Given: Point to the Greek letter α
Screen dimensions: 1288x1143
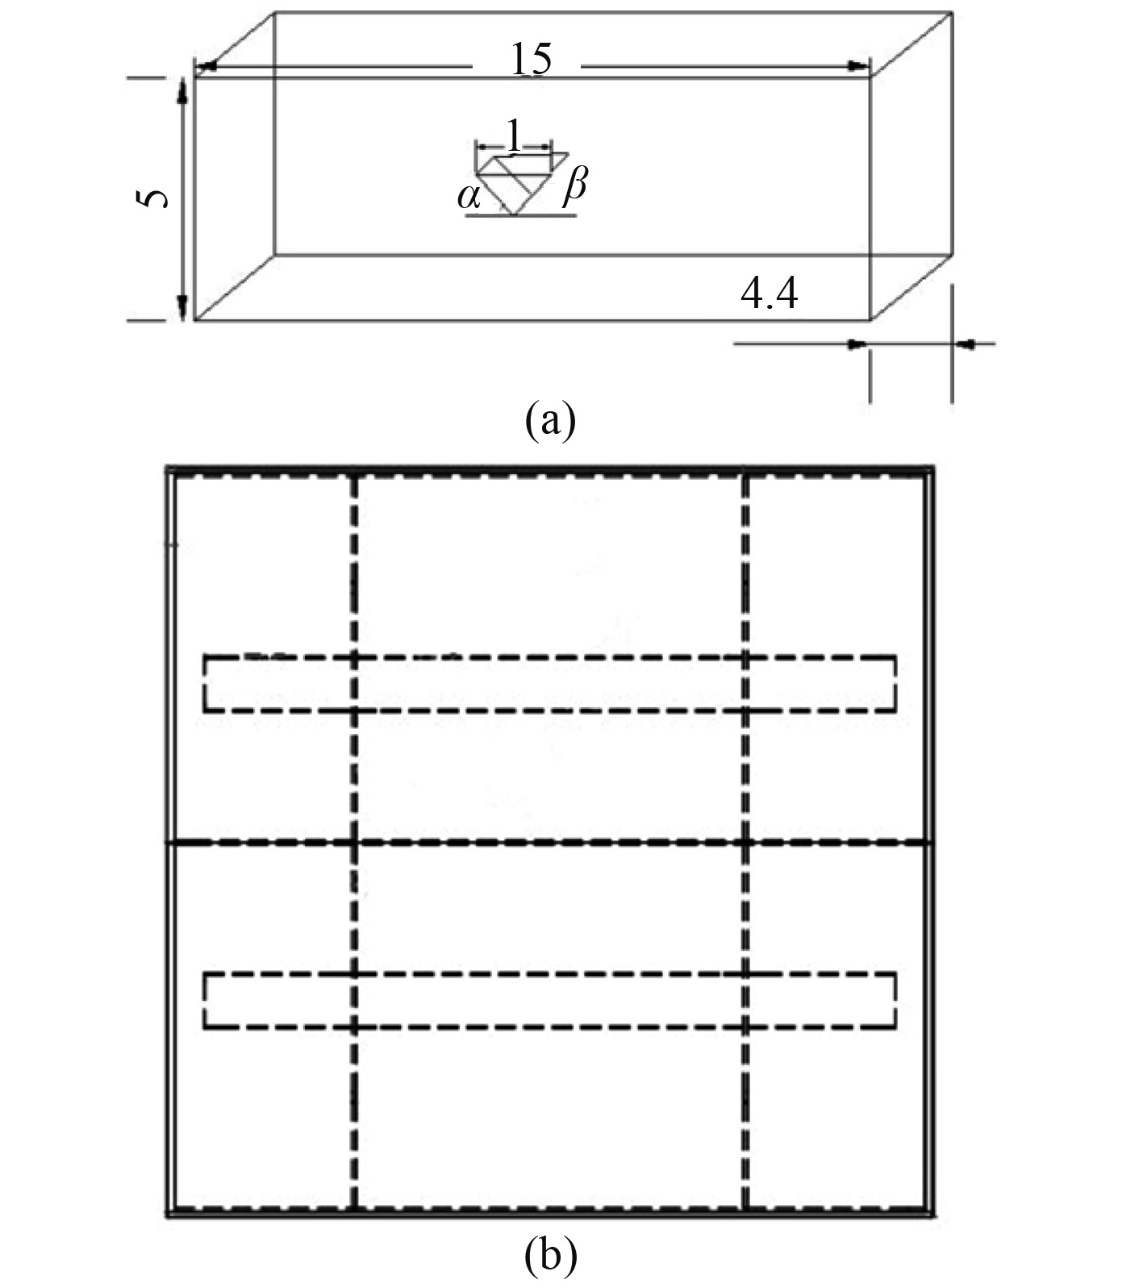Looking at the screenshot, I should coord(467,195).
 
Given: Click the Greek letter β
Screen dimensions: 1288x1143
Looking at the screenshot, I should coord(574,186).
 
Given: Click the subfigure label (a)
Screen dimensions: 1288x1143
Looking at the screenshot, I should coord(550,420).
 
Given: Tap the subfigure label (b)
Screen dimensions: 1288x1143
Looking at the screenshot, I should coord(550,1256).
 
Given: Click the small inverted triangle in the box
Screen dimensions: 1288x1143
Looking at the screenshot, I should coord(515,183).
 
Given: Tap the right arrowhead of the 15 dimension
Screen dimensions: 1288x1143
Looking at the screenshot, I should coord(861,66).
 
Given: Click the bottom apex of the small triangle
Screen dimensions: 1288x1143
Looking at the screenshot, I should coord(514,214).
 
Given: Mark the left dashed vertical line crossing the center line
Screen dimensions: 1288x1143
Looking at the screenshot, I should coord(353,843).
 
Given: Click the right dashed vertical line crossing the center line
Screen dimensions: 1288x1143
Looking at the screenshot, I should coord(745,843).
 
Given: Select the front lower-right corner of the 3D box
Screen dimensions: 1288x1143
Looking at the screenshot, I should coord(870,319).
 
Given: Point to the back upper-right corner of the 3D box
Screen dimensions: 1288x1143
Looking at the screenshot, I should coord(953,12).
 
